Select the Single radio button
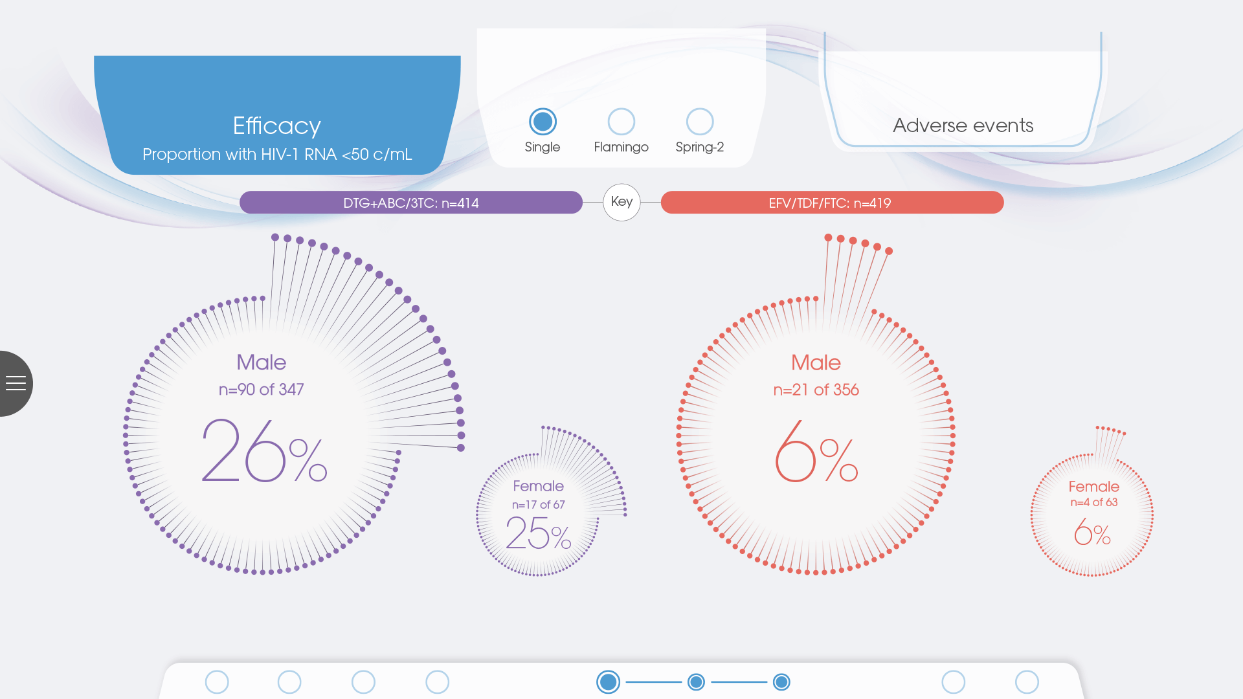(x=543, y=122)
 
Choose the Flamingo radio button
(x=621, y=122)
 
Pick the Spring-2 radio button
(x=700, y=122)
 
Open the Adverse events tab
(x=963, y=125)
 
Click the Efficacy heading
(x=277, y=126)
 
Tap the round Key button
(x=621, y=203)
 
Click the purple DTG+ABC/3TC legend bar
(x=411, y=203)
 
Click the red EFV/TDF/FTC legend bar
(x=832, y=203)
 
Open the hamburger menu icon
(x=16, y=383)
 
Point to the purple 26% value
(x=264, y=450)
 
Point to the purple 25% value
(x=539, y=533)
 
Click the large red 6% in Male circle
(x=816, y=451)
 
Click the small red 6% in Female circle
(x=1092, y=533)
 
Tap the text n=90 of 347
(x=262, y=390)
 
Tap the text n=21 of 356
(x=816, y=390)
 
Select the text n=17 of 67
(x=539, y=505)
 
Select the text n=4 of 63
(x=1093, y=502)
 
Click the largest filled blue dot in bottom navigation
(x=608, y=682)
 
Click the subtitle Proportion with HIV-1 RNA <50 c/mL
(x=277, y=154)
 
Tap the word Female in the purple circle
(x=539, y=486)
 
